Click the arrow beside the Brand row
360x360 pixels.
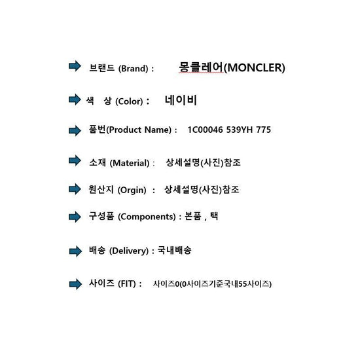75,66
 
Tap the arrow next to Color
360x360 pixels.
75,99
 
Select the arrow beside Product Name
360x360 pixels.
75,130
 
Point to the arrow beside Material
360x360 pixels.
75,160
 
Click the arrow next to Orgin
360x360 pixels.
75,189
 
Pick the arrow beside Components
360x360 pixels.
75,217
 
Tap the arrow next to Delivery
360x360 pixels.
75,251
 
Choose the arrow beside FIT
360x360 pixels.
75,284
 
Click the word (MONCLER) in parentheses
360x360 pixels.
255,67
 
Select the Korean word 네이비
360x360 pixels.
181,100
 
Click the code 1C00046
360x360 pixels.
206,130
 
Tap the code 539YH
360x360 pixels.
240,130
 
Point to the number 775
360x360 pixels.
264,130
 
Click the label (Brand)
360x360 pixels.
133,69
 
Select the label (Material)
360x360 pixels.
130,163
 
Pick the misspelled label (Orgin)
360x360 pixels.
132,190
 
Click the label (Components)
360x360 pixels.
147,217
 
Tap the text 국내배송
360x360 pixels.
175,250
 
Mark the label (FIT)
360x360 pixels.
127,284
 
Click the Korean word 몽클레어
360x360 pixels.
201,67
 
